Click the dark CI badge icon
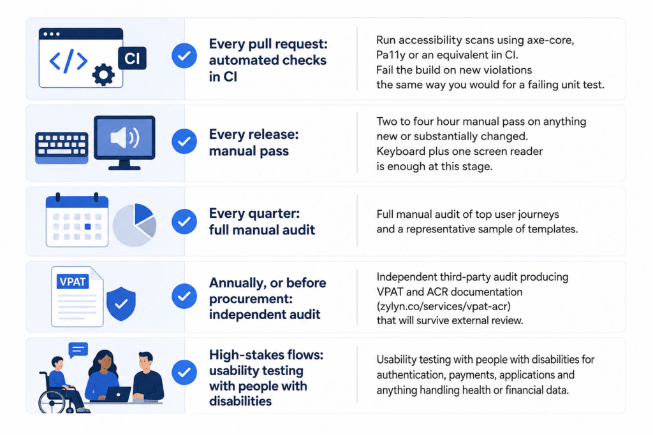click(132, 58)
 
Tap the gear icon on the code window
click(103, 75)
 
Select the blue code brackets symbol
click(68, 61)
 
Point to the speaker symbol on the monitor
click(124, 138)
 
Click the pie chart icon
click(135, 225)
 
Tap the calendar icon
click(77, 220)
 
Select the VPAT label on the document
click(73, 282)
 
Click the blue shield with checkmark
click(121, 304)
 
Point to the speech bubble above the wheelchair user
click(78, 350)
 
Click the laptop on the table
click(118, 394)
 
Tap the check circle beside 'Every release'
click(184, 141)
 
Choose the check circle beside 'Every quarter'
click(184, 221)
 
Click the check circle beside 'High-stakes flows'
click(184, 372)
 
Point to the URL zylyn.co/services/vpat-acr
click(444, 306)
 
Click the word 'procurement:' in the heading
click(251, 299)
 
